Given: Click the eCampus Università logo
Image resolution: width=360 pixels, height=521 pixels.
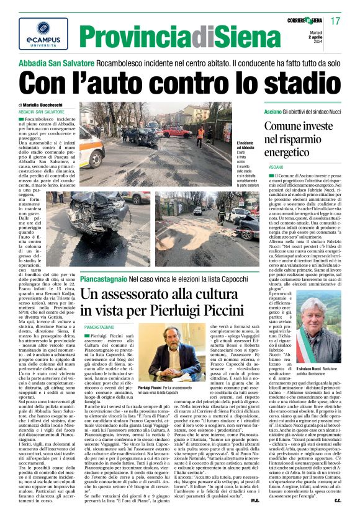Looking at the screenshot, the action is [x=35, y=33].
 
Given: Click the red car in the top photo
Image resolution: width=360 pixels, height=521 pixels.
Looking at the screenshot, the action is [x=178, y=131].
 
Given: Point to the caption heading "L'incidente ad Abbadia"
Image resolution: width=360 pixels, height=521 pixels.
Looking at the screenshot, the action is [x=246, y=146].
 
